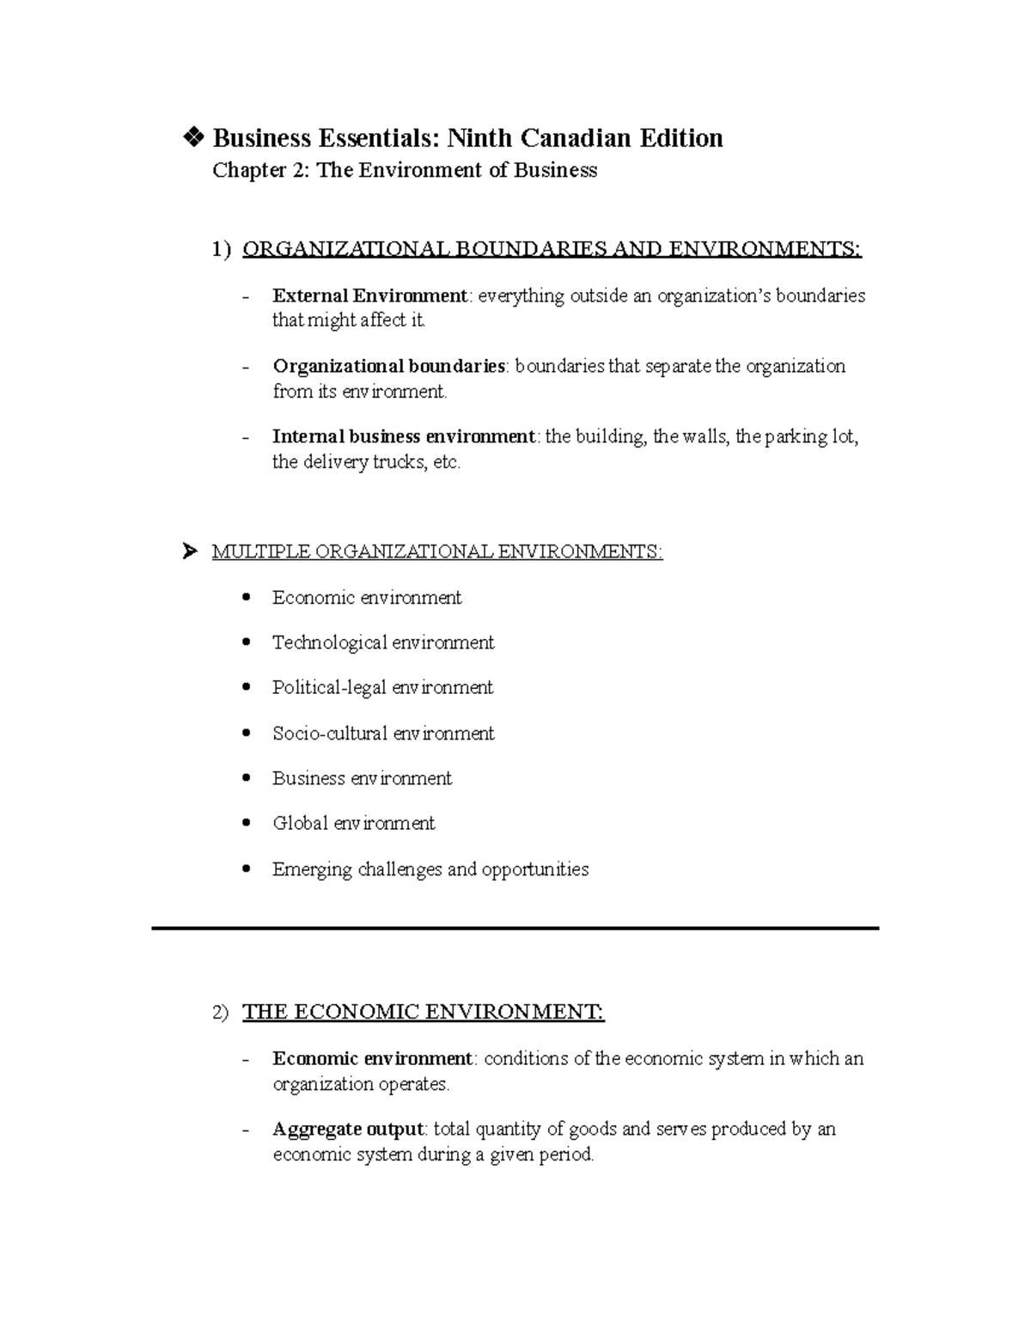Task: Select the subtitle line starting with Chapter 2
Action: [405, 170]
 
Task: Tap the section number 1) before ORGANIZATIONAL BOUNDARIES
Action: [222, 250]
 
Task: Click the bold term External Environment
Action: [369, 296]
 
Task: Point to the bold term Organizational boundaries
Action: [388, 367]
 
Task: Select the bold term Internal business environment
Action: [403, 436]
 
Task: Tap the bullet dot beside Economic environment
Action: [247, 597]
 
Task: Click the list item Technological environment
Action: [383, 643]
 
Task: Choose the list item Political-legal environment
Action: [382, 687]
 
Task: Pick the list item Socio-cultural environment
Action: [383, 734]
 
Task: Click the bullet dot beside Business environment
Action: [247, 778]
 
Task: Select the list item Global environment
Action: [353, 823]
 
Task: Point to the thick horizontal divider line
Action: [515, 929]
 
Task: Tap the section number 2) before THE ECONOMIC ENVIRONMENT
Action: [221, 1014]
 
